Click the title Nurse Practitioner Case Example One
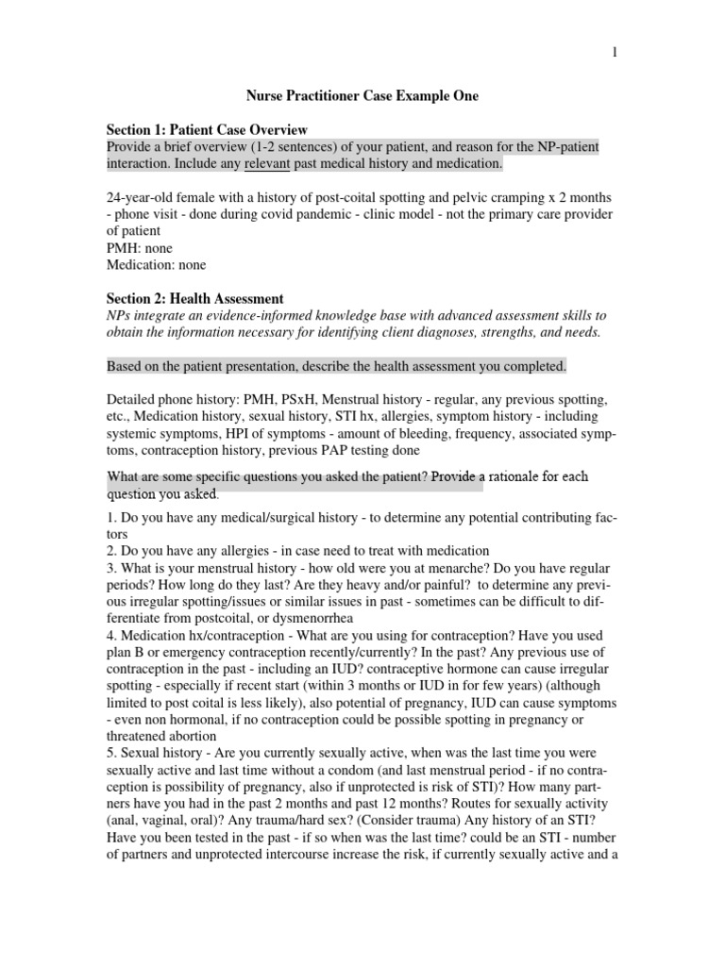(x=362, y=95)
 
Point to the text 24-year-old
(x=142, y=197)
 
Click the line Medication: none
(x=157, y=265)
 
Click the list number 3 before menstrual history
(x=110, y=568)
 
